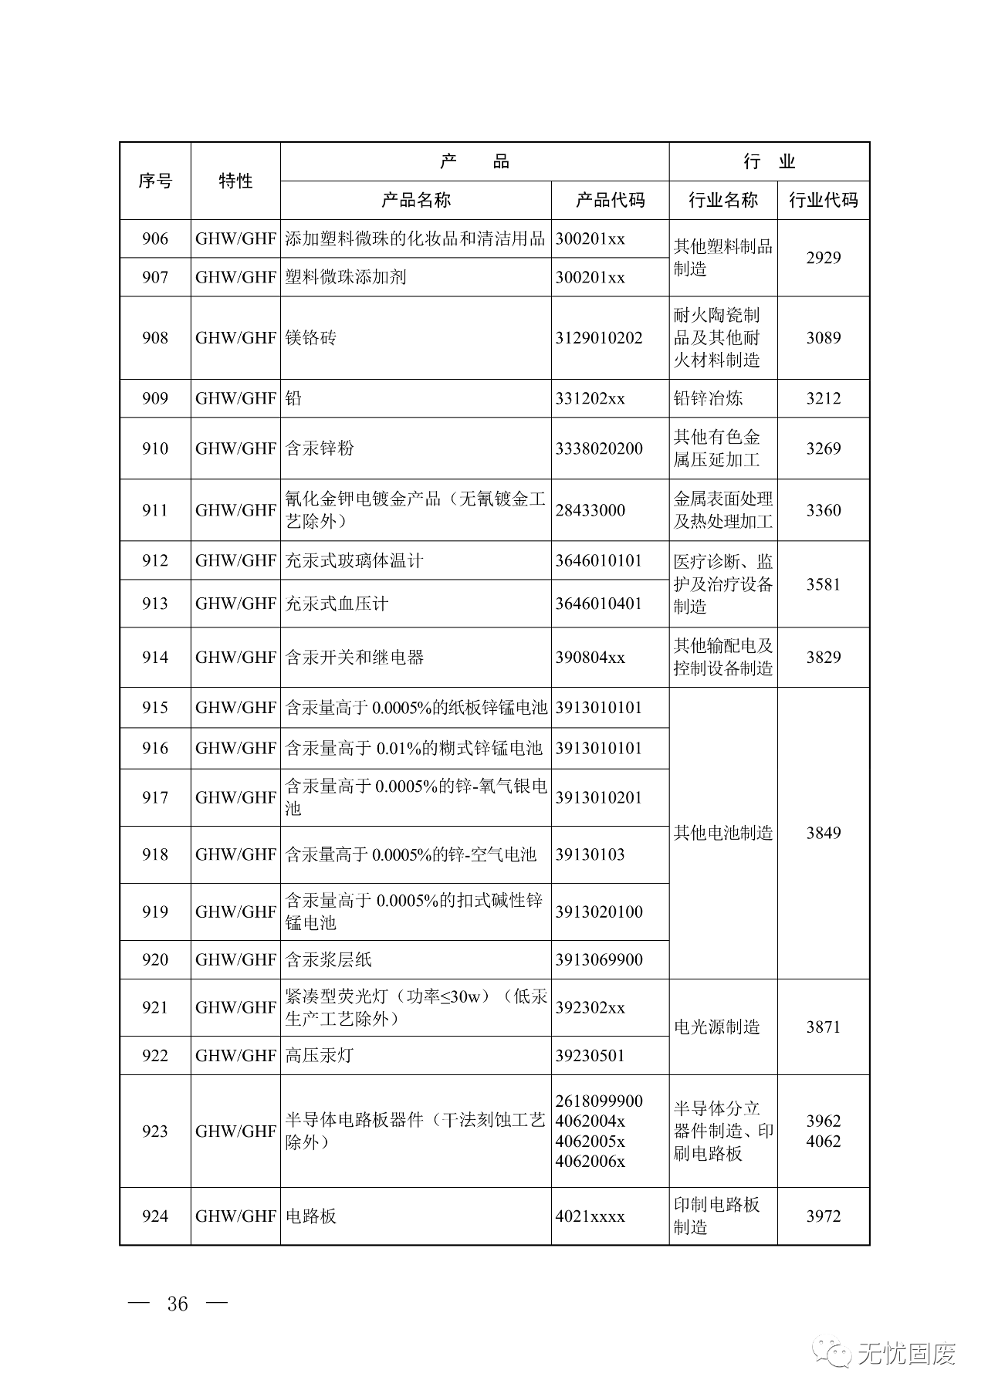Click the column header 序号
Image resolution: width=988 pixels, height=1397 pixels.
pyautogui.click(x=155, y=181)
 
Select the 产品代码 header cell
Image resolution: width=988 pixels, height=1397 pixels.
pyautogui.click(x=610, y=200)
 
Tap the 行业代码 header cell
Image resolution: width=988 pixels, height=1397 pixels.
pyautogui.click(x=823, y=200)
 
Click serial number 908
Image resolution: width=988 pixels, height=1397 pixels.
pyautogui.click(x=155, y=337)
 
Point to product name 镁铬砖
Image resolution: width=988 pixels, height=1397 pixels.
pyautogui.click(x=311, y=337)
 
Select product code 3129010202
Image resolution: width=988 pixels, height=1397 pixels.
pyautogui.click(x=598, y=337)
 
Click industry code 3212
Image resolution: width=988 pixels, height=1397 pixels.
pyautogui.click(x=823, y=398)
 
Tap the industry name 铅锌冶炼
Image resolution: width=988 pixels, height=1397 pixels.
pyautogui.click(x=708, y=398)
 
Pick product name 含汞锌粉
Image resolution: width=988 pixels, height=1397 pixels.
pyautogui.click(x=320, y=448)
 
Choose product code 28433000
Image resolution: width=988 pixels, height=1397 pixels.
pyautogui.click(x=590, y=510)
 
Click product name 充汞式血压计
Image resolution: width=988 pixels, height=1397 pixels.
pyautogui.click(x=337, y=604)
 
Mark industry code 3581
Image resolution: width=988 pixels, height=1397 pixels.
pyautogui.click(x=823, y=584)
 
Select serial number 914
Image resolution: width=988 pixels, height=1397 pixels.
pyautogui.click(x=155, y=658)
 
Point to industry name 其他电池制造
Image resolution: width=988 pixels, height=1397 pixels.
pyautogui.click(x=722, y=833)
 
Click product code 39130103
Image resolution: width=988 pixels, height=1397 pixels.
pyautogui.click(x=590, y=854)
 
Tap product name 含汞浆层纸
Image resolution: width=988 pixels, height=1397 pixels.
pyautogui.click(x=329, y=959)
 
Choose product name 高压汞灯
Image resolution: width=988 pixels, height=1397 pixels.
pyautogui.click(x=320, y=1055)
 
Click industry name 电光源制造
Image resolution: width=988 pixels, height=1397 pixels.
pyautogui.click(x=716, y=1027)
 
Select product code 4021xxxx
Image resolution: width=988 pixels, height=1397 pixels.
pyautogui.click(x=590, y=1216)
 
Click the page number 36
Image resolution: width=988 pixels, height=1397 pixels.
pyautogui.click(x=178, y=1304)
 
